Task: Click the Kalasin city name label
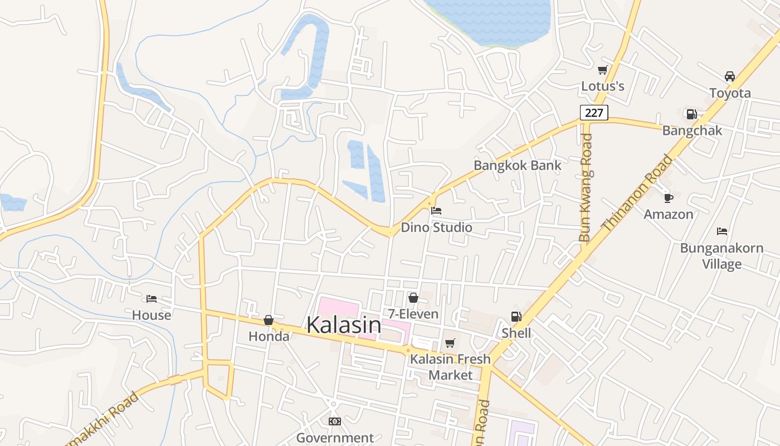[x=344, y=325]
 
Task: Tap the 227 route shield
[x=594, y=113]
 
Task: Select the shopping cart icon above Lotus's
[x=602, y=70]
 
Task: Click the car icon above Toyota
[x=729, y=76]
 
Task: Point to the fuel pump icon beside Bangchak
[x=691, y=114]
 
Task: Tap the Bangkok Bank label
[x=518, y=166]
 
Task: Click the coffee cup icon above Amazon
[x=669, y=197]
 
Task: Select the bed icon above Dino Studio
[x=436, y=211]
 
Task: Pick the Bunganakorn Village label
[x=721, y=256]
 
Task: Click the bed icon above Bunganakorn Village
[x=722, y=231]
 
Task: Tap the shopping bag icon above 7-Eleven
[x=413, y=298]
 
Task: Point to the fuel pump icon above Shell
[x=516, y=317]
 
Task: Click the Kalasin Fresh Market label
[x=450, y=367]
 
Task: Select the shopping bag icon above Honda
[x=269, y=320]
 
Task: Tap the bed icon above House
[x=152, y=299]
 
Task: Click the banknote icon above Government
[x=334, y=421]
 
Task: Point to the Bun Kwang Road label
[x=586, y=187]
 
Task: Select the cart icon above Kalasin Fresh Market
[x=450, y=343]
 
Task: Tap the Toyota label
[x=730, y=93]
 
